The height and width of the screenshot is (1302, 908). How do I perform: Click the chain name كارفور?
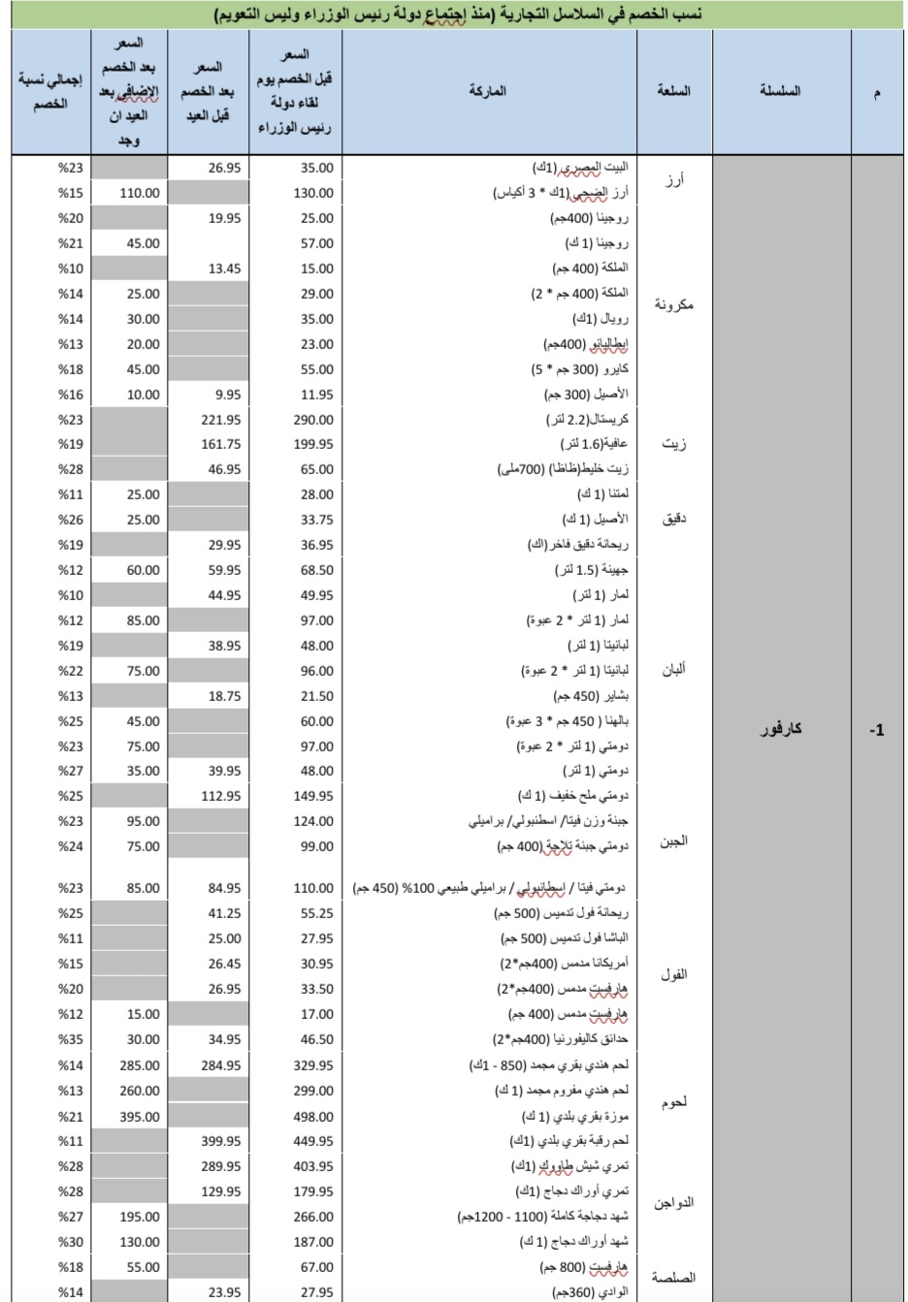(780, 729)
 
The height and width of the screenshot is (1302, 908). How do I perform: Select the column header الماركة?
(487, 91)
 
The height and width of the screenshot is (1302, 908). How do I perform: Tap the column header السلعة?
(673, 91)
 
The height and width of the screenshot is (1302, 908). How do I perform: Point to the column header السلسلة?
(780, 91)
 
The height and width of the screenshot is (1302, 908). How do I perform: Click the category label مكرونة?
(673, 305)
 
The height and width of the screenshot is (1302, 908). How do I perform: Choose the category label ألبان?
(673, 670)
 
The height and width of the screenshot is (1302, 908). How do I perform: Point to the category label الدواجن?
(673, 1203)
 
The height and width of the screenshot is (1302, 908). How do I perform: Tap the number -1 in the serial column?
(876, 730)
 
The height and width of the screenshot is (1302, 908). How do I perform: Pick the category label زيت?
(673, 444)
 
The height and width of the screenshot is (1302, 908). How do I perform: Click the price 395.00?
(140, 1117)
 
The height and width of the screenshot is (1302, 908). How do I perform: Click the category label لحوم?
(673, 1103)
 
